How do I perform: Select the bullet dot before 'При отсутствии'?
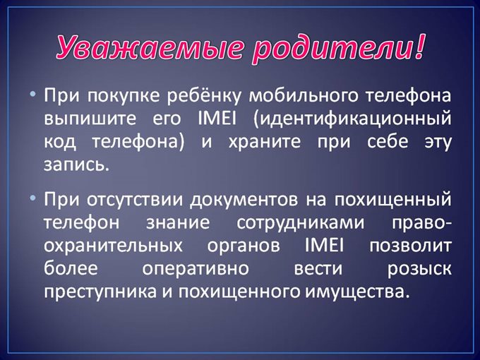(34, 199)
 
